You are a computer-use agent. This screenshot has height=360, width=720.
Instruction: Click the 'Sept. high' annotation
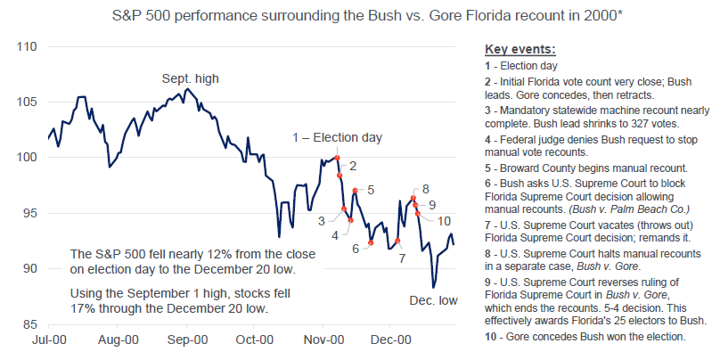click(190, 79)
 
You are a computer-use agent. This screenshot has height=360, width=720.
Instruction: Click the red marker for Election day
click(337, 158)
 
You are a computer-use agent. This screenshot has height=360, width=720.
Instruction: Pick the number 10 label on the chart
click(446, 221)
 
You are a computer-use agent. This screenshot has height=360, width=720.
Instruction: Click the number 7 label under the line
click(402, 258)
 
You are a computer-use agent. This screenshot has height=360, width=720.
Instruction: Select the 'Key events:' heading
click(520, 48)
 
